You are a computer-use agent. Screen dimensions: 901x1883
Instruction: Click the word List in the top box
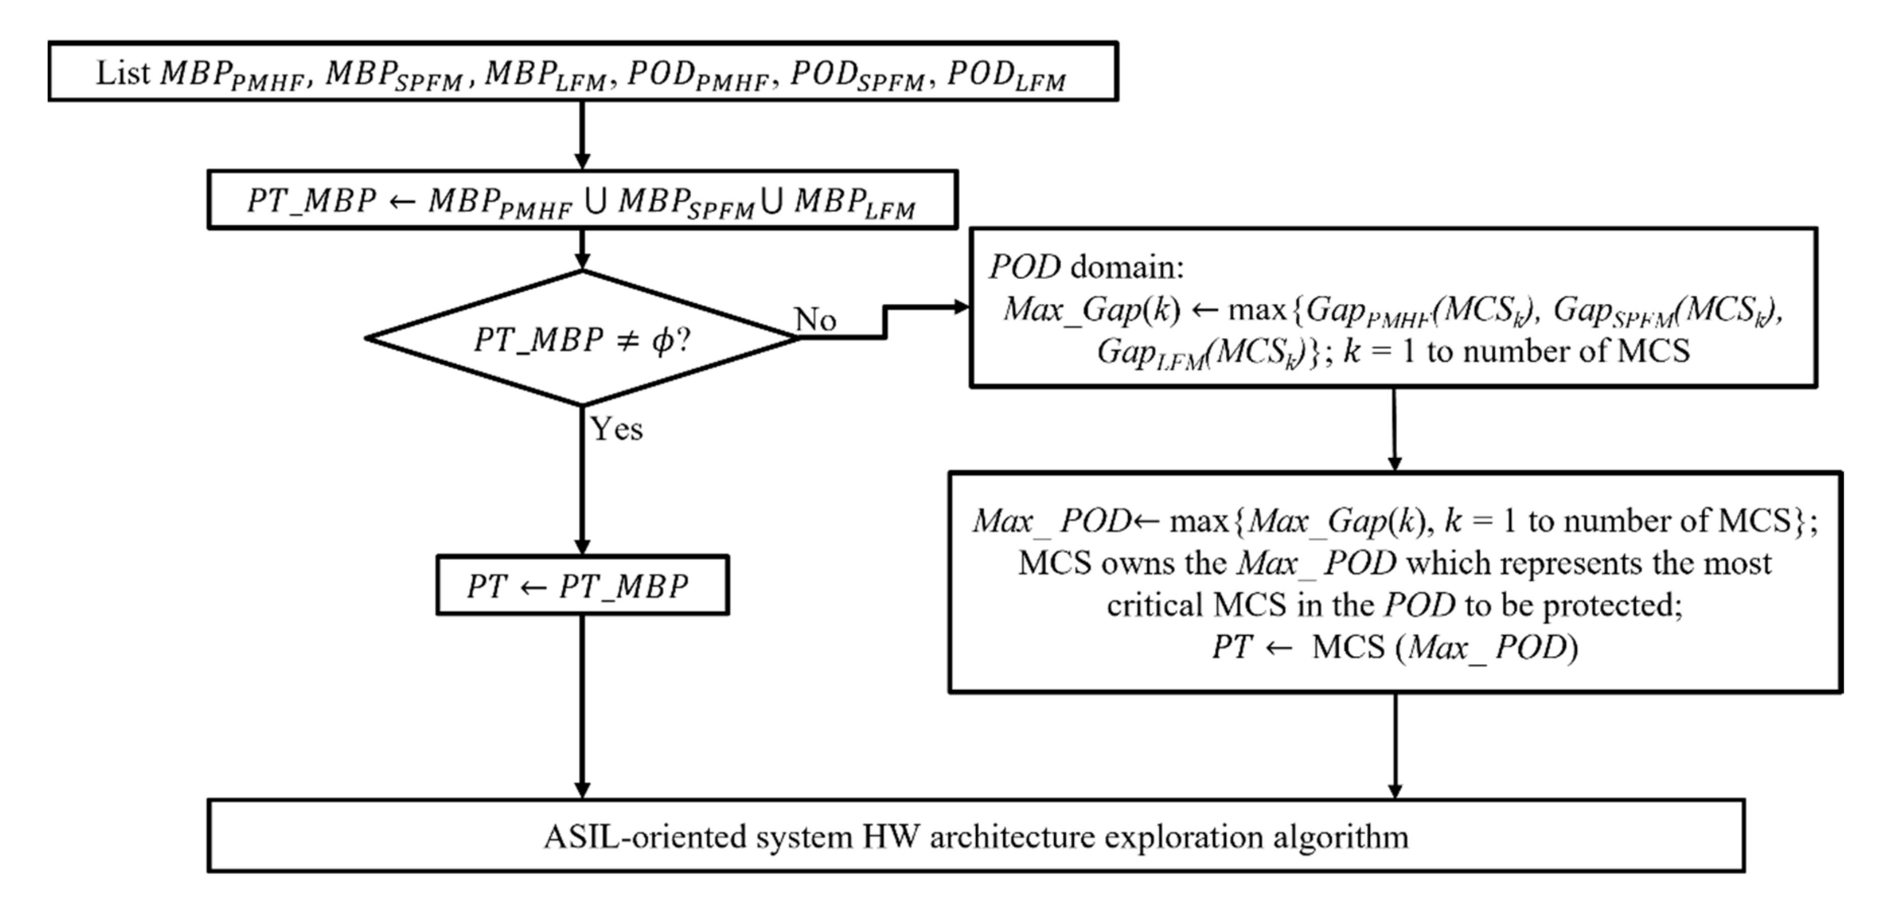pyautogui.click(x=122, y=73)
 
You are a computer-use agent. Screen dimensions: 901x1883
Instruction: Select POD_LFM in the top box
pyautogui.click(x=1006, y=75)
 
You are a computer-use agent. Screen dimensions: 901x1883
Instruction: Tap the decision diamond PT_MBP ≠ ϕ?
pyautogui.click(x=582, y=338)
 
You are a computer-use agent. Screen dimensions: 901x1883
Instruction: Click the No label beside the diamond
pyautogui.click(x=815, y=320)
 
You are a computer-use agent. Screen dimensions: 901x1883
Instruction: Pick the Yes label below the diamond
pyautogui.click(x=616, y=429)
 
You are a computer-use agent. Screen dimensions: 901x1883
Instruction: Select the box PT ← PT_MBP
pyautogui.click(x=582, y=585)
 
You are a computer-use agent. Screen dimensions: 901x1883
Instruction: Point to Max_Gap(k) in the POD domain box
pyautogui.click(x=1091, y=309)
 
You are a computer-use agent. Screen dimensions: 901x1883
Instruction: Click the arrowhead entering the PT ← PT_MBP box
pyautogui.click(x=582, y=547)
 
